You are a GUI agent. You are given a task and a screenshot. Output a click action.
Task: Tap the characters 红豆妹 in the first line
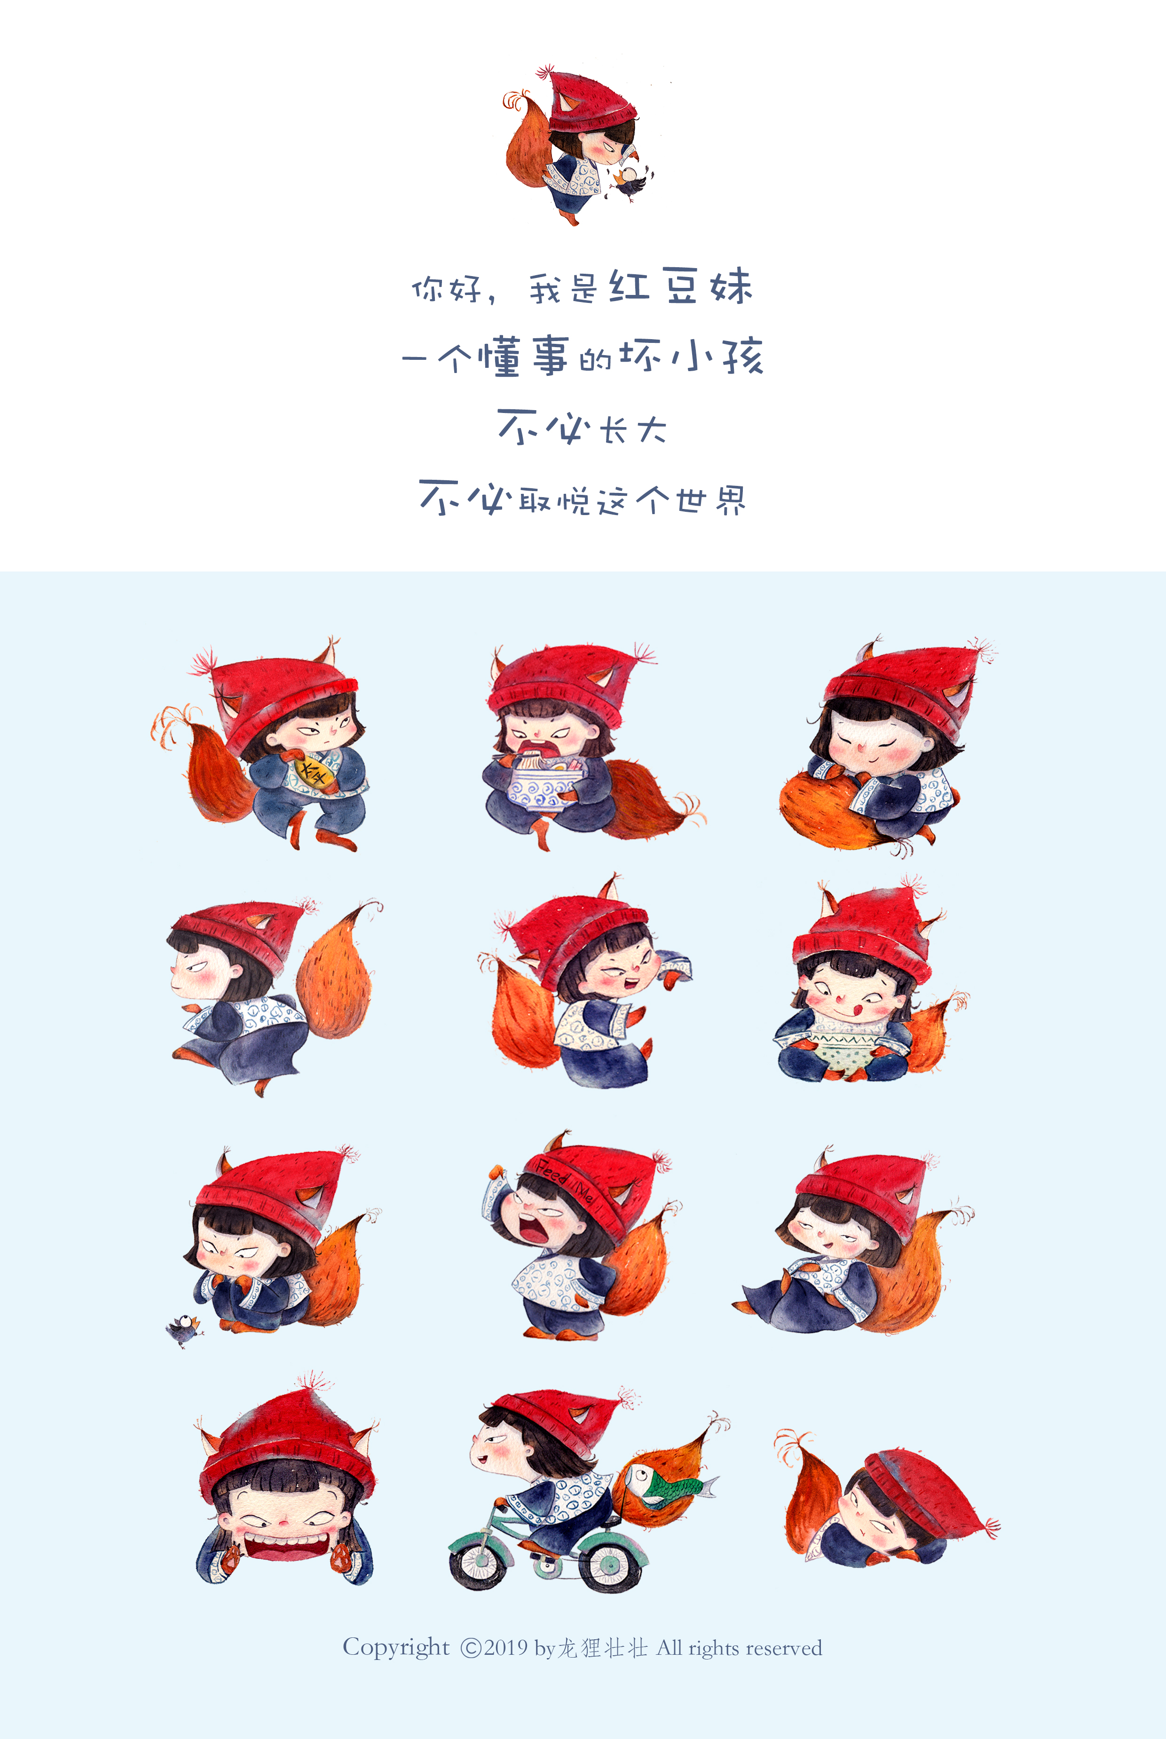[x=680, y=286]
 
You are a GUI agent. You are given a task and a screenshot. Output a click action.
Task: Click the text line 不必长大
[x=582, y=428]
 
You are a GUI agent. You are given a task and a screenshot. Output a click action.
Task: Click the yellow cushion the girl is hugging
[x=312, y=770]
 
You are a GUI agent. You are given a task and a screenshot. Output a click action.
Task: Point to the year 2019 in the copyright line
[x=506, y=1648]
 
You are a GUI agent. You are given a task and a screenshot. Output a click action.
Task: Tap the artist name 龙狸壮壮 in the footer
[x=602, y=1648]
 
